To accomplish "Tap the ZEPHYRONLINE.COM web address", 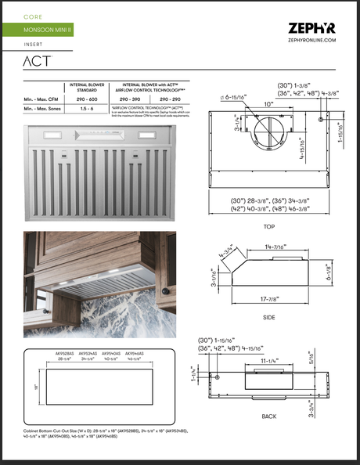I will pos(312,39).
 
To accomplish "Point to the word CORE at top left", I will pos(33,16).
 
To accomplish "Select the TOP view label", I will pos(268,225).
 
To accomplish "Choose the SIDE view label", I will pos(268,319).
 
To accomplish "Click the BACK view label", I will pos(268,417).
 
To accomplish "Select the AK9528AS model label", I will pos(65,354).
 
